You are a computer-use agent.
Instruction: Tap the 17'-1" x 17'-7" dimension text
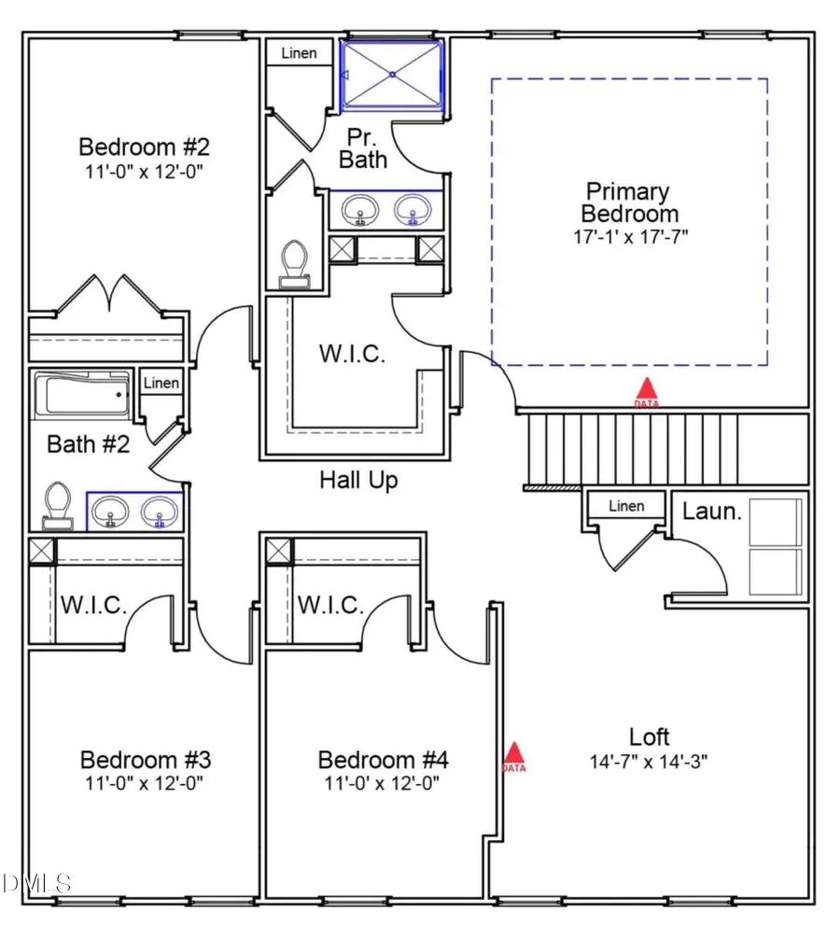(631, 237)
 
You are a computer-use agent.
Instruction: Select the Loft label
(649, 737)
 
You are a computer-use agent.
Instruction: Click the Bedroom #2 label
(144, 147)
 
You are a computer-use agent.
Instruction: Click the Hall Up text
(358, 480)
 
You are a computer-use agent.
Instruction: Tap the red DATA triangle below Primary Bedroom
(645, 390)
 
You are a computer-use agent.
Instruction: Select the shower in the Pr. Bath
(392, 74)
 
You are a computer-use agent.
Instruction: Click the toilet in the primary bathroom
(296, 262)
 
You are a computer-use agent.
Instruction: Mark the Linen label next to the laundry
(625, 506)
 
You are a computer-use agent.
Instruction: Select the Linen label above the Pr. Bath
(299, 53)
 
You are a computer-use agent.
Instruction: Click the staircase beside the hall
(635, 448)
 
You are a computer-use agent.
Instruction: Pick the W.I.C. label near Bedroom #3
(93, 604)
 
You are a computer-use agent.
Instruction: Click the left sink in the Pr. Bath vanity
(359, 210)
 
